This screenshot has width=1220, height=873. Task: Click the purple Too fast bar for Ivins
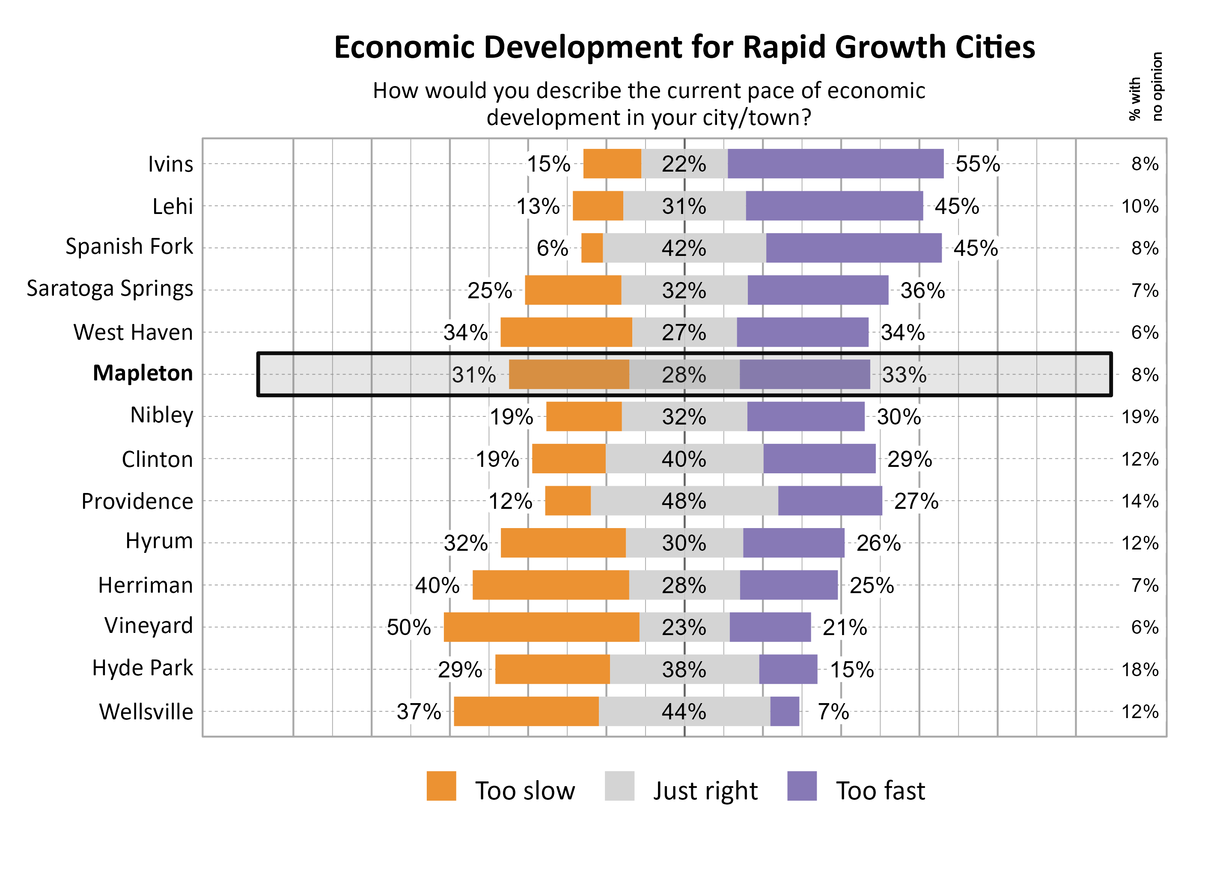click(835, 163)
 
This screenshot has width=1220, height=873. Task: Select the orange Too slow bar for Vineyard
click(541, 627)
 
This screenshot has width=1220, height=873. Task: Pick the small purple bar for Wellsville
click(785, 711)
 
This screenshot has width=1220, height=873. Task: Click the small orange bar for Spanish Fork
click(592, 248)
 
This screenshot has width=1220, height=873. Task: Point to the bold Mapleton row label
click(143, 373)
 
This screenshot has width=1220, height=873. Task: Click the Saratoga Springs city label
click(110, 289)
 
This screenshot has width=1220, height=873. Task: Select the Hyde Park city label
click(143, 668)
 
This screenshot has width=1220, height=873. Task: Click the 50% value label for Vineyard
click(409, 627)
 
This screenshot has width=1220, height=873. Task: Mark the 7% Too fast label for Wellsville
click(833, 712)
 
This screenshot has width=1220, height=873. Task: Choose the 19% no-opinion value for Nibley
click(1140, 417)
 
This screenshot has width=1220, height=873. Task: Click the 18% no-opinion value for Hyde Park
click(1140, 669)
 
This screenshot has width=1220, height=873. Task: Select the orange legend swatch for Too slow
click(441, 786)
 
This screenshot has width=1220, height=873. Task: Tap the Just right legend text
click(705, 791)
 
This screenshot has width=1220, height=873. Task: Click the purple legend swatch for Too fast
click(802, 786)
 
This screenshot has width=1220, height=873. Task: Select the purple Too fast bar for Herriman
click(788, 585)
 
